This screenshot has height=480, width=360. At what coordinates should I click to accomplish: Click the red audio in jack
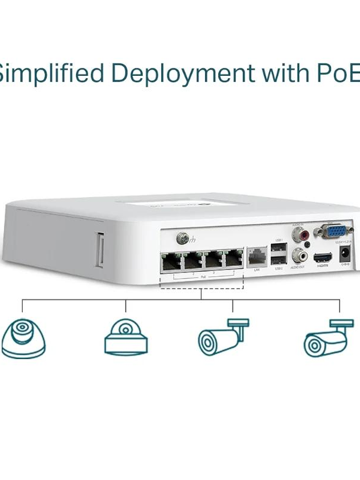[x=299, y=234]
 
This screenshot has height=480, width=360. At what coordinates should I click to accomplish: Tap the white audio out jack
[x=299, y=255]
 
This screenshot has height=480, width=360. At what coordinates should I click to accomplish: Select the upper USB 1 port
[x=279, y=248]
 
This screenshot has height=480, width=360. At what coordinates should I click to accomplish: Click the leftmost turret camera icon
[x=23, y=337]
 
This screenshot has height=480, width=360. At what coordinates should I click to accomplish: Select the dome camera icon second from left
[x=126, y=337]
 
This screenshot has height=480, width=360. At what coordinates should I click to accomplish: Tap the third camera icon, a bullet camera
[x=223, y=337]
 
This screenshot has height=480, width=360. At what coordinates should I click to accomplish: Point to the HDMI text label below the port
[x=322, y=267]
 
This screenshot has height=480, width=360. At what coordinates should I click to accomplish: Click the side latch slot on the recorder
[x=99, y=249]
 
